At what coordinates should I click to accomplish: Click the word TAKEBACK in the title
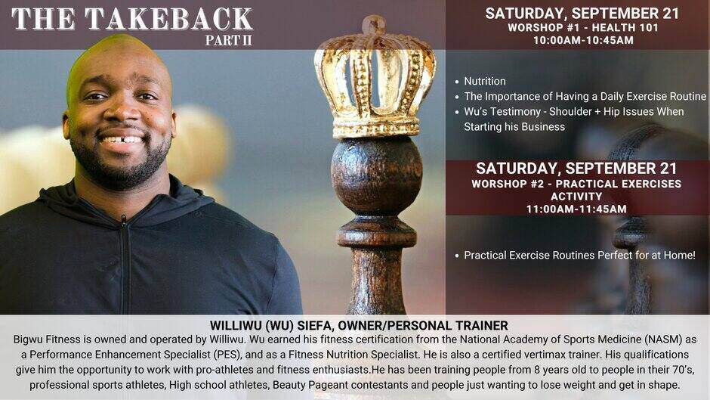pyautogui.click(x=168, y=19)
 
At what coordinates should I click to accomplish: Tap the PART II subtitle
pyautogui.click(x=228, y=40)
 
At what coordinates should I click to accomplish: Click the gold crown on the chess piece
pyautogui.click(x=375, y=78)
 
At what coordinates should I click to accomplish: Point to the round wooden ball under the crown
pyautogui.click(x=376, y=175)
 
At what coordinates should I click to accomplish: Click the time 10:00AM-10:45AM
pyautogui.click(x=583, y=40)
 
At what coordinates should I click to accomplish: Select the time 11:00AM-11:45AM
pyautogui.click(x=576, y=209)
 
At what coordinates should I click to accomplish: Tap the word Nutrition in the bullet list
pyautogui.click(x=484, y=81)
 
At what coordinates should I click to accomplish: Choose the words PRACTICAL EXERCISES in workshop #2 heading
pyautogui.click(x=618, y=184)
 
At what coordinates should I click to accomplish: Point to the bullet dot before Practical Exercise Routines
pyautogui.click(x=457, y=256)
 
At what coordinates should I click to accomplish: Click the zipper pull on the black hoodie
pyautogui.click(x=124, y=222)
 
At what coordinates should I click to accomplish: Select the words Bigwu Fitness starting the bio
pyautogui.click(x=44, y=340)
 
